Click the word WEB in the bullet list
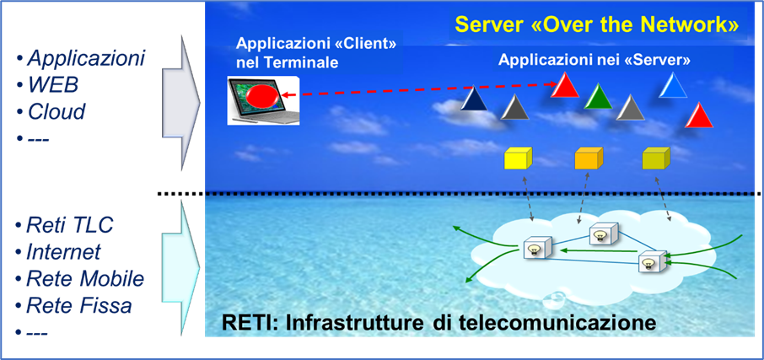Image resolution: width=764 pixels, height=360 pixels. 52,85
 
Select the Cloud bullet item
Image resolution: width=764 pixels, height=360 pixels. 56,111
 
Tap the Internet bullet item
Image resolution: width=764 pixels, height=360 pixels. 63,252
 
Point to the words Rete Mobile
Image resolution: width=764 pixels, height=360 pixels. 85,279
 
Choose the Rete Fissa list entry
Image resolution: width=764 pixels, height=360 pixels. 79,305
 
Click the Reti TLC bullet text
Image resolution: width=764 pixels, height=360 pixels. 70,226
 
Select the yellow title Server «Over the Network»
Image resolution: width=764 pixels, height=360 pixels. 597,25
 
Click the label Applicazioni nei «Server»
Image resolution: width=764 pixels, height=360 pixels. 595,61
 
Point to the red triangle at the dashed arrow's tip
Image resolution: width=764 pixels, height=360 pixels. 565,85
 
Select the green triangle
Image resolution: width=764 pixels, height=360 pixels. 598,96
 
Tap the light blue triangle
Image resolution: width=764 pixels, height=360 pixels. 673,86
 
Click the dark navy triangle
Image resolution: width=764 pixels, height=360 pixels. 474,99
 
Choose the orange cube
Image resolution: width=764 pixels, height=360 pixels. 589,158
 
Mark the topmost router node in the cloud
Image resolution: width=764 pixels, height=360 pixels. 604,234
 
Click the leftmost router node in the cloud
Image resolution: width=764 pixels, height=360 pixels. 537,248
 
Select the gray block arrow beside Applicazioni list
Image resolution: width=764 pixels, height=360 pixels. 180,102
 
